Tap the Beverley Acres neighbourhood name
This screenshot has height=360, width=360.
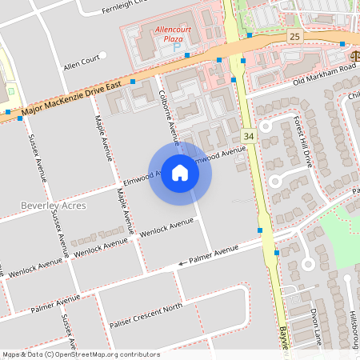[x=50, y=206]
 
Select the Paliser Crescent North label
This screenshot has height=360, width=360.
[x=146, y=314]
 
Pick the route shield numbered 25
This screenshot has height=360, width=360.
[x=294, y=38]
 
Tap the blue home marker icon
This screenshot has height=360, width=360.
[x=180, y=173]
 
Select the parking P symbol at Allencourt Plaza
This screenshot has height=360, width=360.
[x=177, y=47]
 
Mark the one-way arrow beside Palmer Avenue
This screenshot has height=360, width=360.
[x=182, y=262]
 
